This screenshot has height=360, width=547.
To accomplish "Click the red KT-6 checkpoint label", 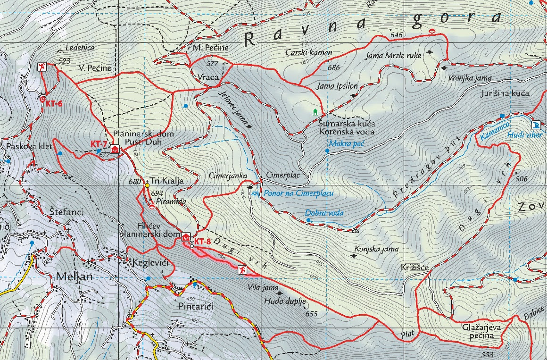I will coord(54,104).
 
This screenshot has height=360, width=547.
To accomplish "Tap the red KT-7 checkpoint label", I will coord(99,144).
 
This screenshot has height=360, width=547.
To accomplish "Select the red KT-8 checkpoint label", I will coord(202,242).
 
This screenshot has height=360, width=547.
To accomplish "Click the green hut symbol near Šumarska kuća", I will coord(315,112).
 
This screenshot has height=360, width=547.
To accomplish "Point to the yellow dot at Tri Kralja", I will coord(147,185).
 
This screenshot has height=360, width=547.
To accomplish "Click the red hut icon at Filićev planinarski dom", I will coord(186,237).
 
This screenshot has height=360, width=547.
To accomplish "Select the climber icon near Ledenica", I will coord(43,67).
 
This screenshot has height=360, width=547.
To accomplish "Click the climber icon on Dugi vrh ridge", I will coord(242,270).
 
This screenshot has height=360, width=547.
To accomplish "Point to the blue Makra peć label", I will coord(347,144).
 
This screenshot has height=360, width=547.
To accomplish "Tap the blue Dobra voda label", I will coord(324,213).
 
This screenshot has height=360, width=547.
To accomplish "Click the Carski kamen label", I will coord(309,52).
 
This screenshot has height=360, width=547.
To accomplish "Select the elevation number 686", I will coord(333,67).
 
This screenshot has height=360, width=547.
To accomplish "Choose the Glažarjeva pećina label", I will coord(481,331).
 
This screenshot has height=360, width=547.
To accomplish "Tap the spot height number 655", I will coord(312,314).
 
